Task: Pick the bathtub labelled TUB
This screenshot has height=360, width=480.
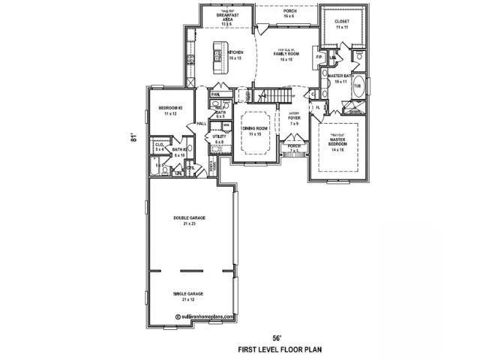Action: (357, 85)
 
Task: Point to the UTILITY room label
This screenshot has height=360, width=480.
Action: (219, 139)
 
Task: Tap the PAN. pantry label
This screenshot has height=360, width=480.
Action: (215, 94)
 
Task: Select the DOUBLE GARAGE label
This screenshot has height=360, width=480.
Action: (190, 219)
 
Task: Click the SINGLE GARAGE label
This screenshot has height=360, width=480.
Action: (190, 297)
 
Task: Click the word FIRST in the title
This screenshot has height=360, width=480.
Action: (249, 349)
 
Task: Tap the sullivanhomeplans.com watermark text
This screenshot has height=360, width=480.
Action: (205, 316)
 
